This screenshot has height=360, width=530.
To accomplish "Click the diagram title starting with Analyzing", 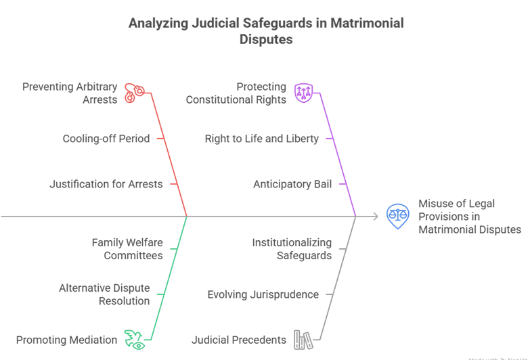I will (265, 31).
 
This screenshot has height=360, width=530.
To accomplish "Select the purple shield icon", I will (304, 93).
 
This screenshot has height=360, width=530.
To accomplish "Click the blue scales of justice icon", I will (397, 216).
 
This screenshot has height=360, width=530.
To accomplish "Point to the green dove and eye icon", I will (135, 340).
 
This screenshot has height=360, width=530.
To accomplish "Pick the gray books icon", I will (303, 340).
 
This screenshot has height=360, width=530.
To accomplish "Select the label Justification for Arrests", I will (106, 184).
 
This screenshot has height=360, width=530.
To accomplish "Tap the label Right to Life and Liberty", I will (262, 139).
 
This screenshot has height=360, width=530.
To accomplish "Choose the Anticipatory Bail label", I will (292, 184).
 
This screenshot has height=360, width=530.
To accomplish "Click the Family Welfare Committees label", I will (127, 248).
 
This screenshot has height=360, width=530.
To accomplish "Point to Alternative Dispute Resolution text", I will (104, 294).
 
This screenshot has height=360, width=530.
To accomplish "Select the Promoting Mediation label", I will (66, 340).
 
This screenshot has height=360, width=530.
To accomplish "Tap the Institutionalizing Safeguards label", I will (292, 248).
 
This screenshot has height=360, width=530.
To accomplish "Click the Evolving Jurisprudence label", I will (263, 294).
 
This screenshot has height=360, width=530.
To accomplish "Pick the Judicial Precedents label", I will (239, 340).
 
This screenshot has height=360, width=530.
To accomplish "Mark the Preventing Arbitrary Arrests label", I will (70, 93).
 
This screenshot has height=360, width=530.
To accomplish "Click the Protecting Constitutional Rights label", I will (236, 93).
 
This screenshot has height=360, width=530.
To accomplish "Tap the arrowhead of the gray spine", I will (374, 217).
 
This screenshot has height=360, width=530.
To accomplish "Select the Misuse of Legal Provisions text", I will (469, 216).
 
